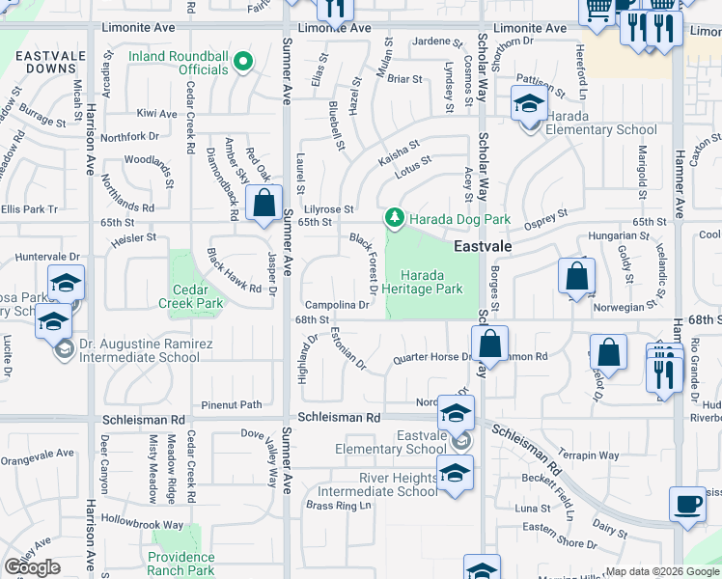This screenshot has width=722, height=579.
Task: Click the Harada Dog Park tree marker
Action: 394,219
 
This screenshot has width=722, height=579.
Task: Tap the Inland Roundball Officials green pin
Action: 244,65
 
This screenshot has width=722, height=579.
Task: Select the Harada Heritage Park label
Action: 421,282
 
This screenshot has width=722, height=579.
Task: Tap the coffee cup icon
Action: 686,504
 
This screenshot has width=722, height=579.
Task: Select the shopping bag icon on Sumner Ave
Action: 263,204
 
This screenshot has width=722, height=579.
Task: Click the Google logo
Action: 32,567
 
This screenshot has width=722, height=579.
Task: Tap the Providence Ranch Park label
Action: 181,564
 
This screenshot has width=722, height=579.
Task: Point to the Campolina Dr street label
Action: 337,305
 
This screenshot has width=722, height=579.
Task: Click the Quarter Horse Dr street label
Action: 430,358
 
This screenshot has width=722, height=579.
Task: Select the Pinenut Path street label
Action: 232,404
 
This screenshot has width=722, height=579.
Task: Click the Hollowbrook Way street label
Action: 145,525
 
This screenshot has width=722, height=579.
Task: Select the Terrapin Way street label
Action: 594,455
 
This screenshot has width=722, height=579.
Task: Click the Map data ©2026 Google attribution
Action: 662,571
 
